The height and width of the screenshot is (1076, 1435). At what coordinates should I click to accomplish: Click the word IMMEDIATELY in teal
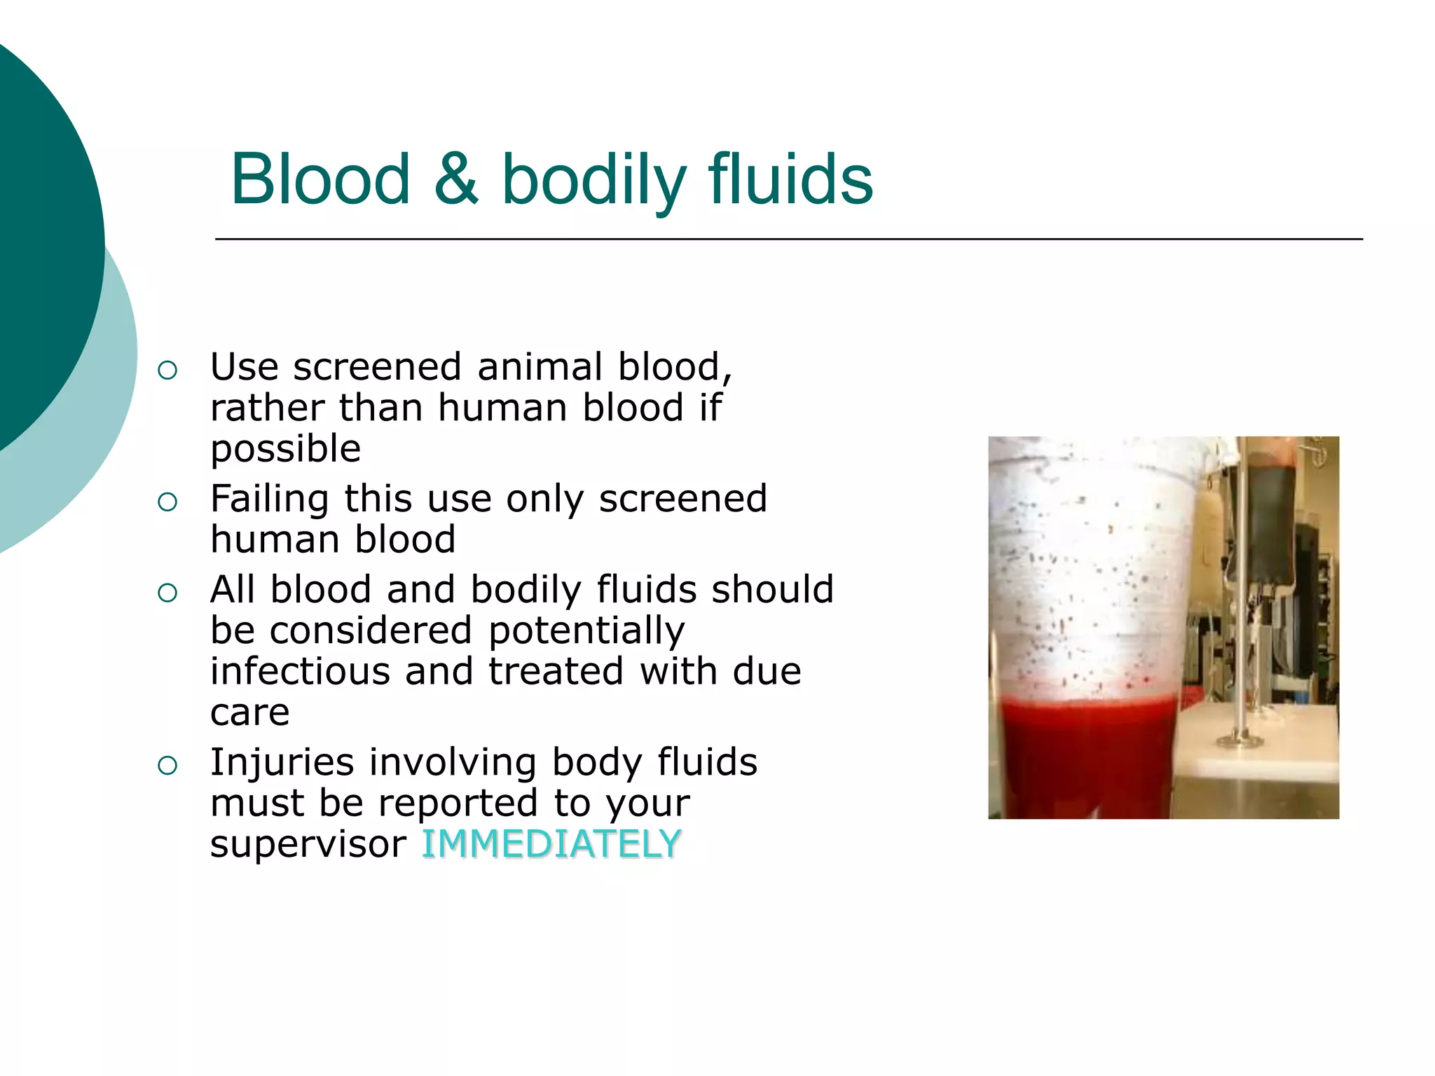(x=551, y=843)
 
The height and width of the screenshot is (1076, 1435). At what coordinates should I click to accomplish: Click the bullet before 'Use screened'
(x=167, y=370)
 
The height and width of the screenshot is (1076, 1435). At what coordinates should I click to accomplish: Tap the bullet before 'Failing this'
(x=167, y=502)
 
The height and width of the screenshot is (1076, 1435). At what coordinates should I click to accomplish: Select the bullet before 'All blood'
(x=167, y=593)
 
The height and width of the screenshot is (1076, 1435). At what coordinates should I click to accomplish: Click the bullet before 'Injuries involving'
(x=167, y=766)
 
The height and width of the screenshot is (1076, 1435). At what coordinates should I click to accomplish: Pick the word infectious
(x=299, y=671)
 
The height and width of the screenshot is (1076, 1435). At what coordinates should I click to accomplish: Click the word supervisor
(x=308, y=845)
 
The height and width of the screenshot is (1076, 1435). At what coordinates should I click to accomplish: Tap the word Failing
(x=270, y=499)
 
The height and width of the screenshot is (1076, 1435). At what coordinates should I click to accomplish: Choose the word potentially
(x=586, y=630)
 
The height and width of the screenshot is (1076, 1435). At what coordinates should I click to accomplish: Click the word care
(x=249, y=713)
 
